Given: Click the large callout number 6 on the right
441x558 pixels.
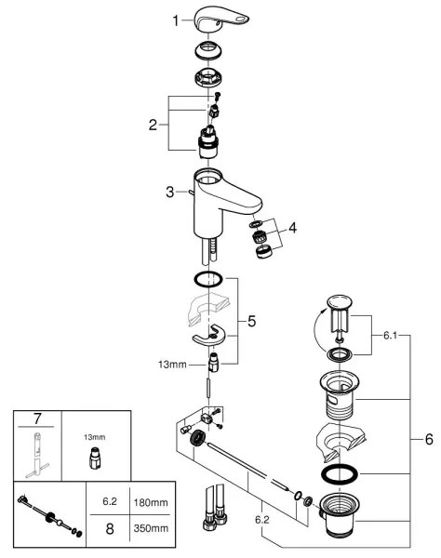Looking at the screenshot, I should coord(429,439).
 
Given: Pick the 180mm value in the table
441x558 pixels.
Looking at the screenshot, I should coord(151,501).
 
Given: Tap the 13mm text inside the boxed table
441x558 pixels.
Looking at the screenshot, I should coord(93,433).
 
